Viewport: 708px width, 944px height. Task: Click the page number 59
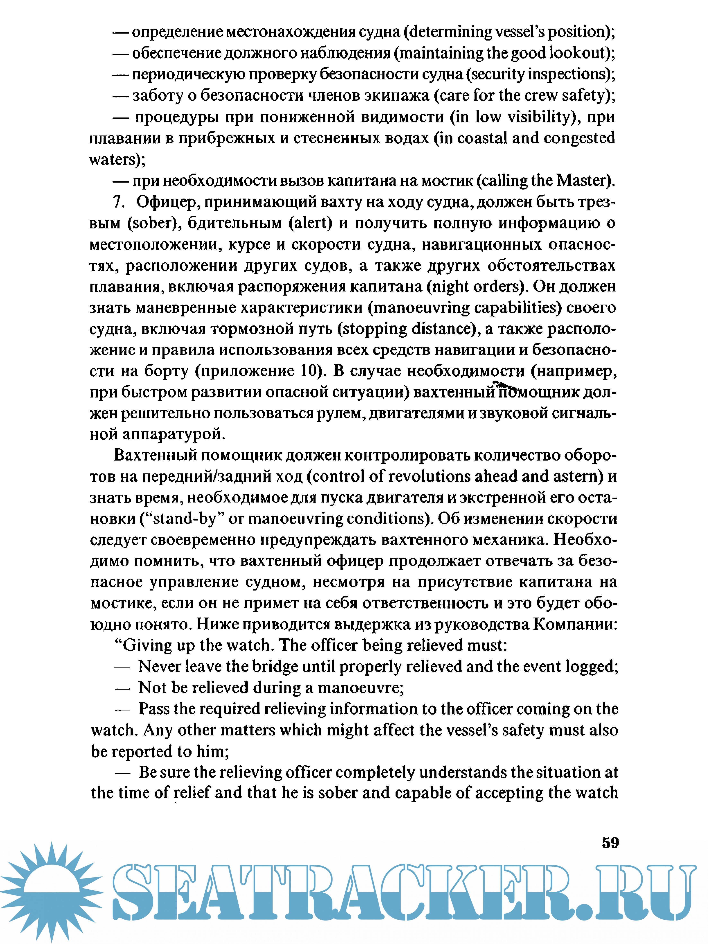click(610, 842)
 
